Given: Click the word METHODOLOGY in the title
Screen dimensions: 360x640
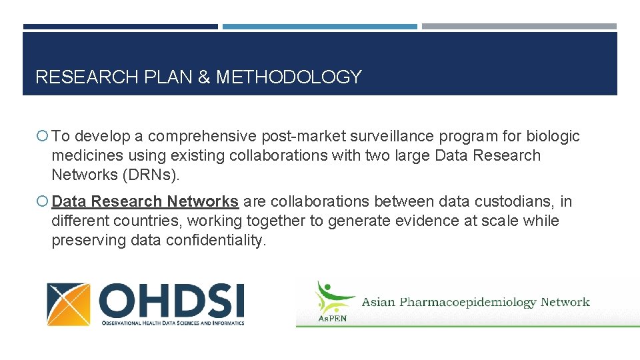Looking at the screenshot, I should click(288, 77).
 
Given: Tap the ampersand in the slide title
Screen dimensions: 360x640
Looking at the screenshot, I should click(203, 77).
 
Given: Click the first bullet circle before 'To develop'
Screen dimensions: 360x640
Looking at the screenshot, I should click(43, 137).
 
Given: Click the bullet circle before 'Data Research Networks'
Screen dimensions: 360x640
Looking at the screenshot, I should click(43, 201).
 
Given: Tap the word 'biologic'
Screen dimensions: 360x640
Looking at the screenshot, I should click(553, 137).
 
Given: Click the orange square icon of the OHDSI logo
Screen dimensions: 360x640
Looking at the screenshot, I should click(68, 304).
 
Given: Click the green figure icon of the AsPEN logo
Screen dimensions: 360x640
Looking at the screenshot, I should click(328, 297).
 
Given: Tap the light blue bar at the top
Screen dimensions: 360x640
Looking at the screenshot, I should click(320, 27).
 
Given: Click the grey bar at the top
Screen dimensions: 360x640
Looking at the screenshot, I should click(519, 27).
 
